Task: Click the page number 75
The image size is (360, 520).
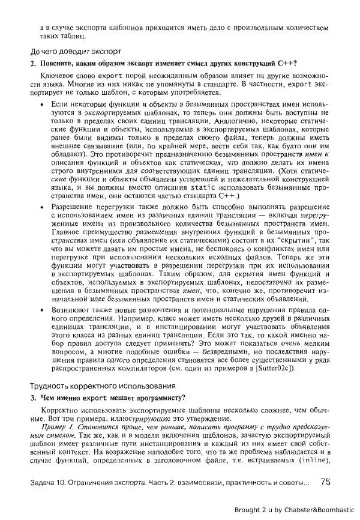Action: tap(325, 481)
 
